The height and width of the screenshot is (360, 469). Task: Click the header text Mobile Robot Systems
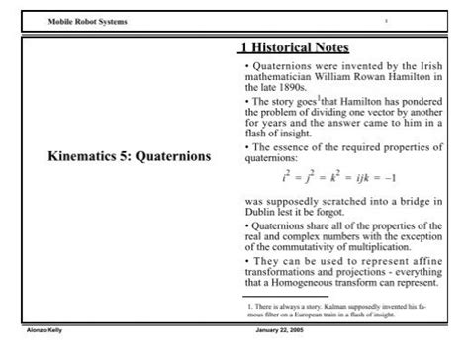pyautogui.click(x=86, y=21)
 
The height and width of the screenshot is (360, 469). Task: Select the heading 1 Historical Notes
pyautogui.click(x=294, y=47)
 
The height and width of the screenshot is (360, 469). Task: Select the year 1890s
pyautogui.click(x=288, y=88)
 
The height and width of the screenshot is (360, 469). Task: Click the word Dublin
pyautogui.click(x=259, y=213)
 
